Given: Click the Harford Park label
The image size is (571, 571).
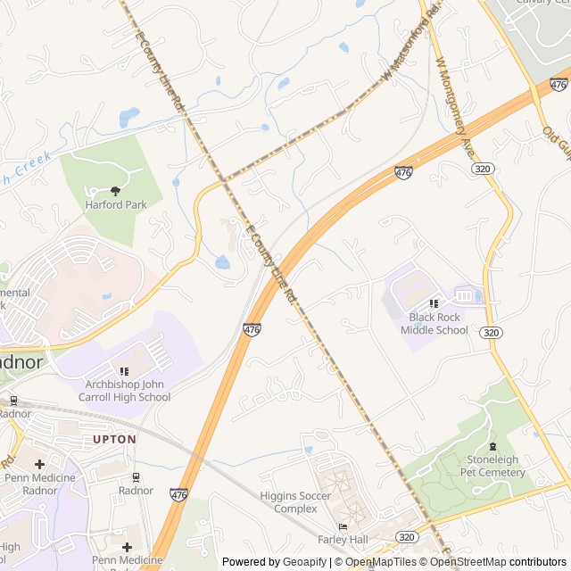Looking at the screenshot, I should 116,204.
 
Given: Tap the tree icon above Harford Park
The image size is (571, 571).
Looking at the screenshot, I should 116,190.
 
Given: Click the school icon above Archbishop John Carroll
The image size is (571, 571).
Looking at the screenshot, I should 124,371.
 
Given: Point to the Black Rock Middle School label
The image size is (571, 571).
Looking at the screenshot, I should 434,323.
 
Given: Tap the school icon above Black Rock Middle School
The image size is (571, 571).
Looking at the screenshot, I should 434,303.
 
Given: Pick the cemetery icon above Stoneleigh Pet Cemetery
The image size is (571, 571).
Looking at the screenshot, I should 492,446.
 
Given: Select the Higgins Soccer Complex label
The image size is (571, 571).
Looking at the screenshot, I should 295,502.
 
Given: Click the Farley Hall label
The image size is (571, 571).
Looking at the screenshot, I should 343,540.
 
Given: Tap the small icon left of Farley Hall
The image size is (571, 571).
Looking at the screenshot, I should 342,527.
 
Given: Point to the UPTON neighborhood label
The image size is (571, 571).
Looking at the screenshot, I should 115,439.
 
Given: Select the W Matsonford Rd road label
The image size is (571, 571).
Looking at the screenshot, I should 410,42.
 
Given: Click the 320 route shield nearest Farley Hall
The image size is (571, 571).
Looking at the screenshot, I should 408,536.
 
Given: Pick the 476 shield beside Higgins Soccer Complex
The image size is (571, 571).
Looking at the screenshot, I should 179,494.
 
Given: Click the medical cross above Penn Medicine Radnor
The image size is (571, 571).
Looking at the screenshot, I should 39,464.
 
